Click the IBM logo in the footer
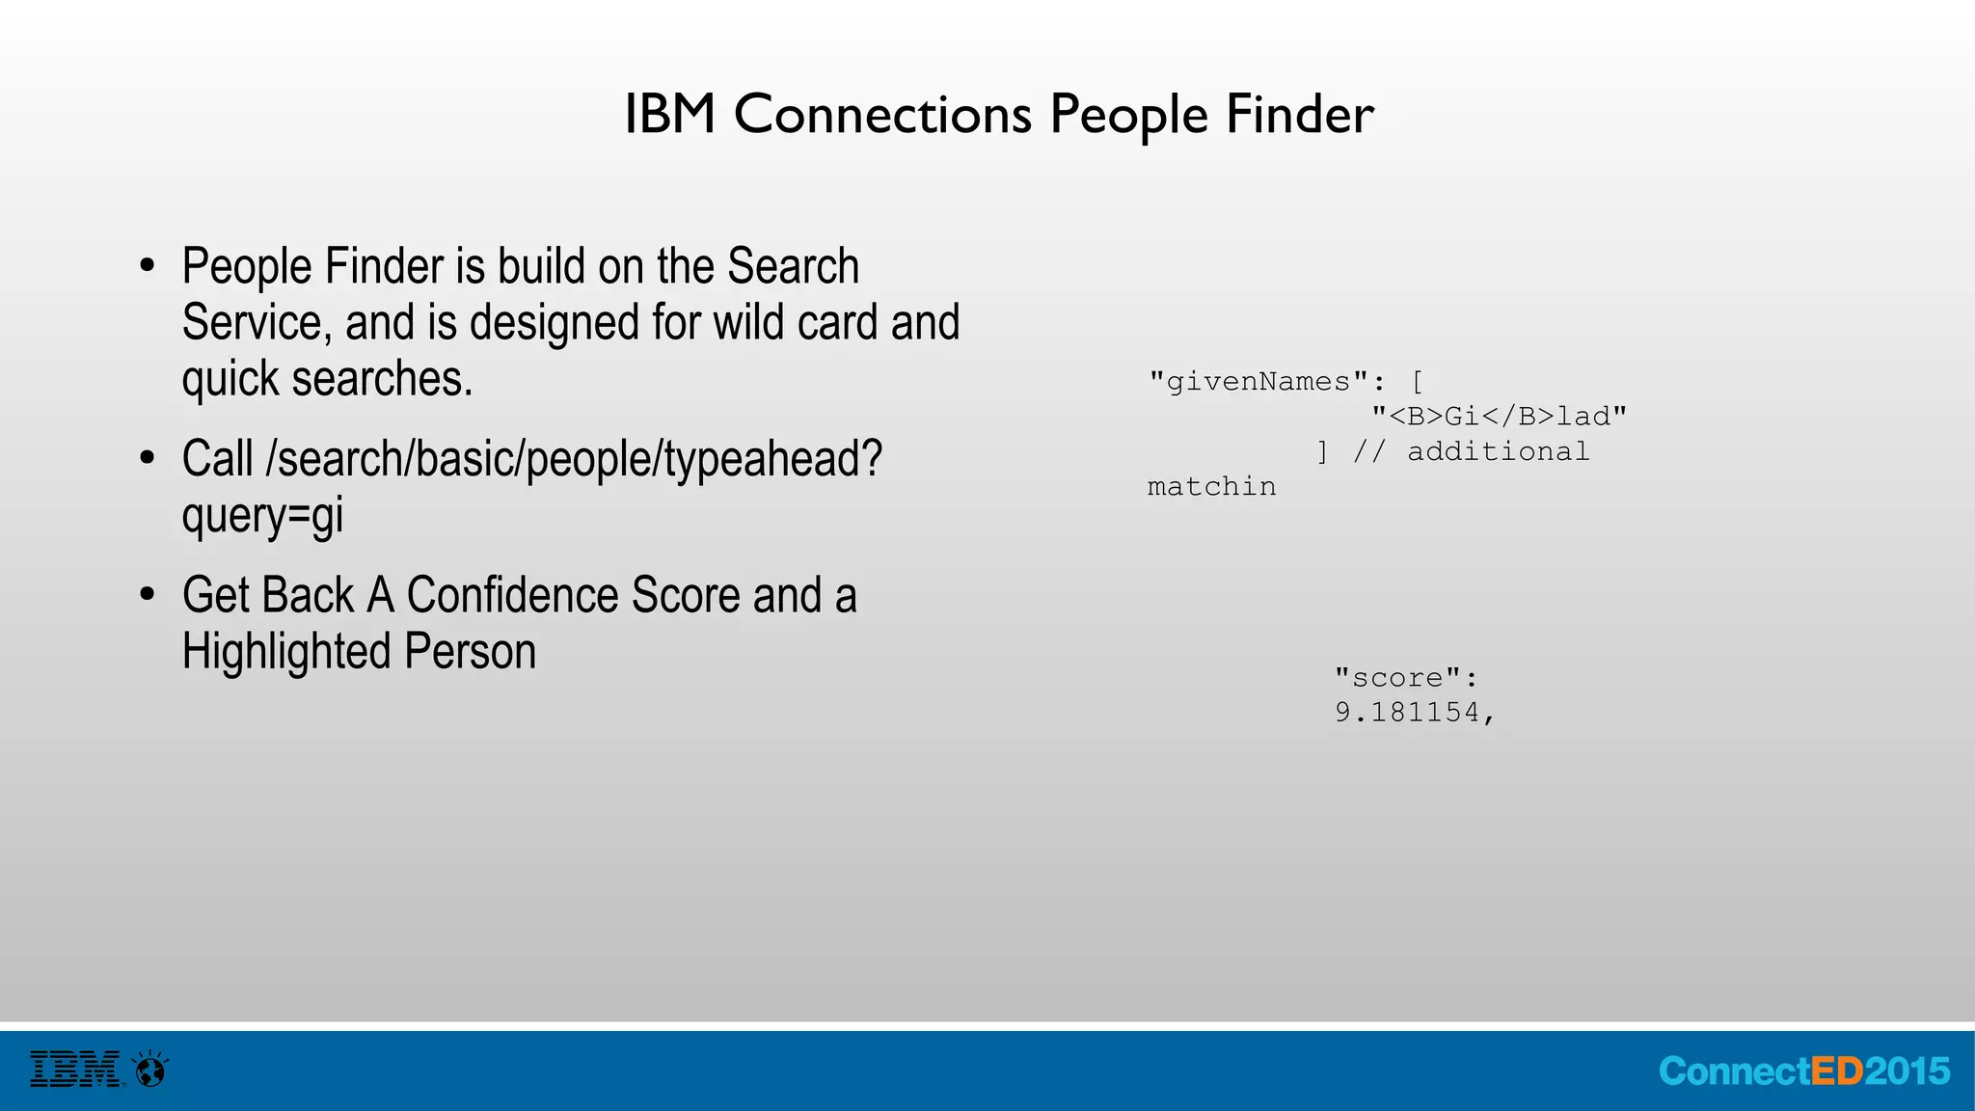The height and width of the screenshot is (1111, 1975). [x=75, y=1070]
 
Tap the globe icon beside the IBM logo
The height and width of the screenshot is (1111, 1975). [x=150, y=1070]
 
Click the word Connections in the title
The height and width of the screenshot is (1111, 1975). [x=882, y=114]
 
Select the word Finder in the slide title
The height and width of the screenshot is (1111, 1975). [x=1299, y=114]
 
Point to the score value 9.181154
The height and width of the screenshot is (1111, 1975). [x=1414, y=713]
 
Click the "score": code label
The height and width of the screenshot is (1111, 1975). [x=1405, y=678]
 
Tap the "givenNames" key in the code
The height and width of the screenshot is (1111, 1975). [x=1258, y=382]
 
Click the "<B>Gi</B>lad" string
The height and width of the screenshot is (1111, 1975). [x=1499, y=417]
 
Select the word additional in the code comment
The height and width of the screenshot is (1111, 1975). [x=1498, y=451]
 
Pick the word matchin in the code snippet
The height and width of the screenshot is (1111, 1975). [x=1211, y=487]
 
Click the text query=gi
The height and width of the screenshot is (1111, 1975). [x=262, y=515]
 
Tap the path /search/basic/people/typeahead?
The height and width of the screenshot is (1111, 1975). [x=574, y=459]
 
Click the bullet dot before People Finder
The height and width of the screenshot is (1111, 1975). [x=147, y=266]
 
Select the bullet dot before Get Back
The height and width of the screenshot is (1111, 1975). [x=147, y=595]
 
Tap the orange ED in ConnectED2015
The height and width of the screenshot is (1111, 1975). [x=1837, y=1071]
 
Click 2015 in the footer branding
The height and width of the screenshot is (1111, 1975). [x=1907, y=1071]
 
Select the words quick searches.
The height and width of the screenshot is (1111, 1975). [x=327, y=378]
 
